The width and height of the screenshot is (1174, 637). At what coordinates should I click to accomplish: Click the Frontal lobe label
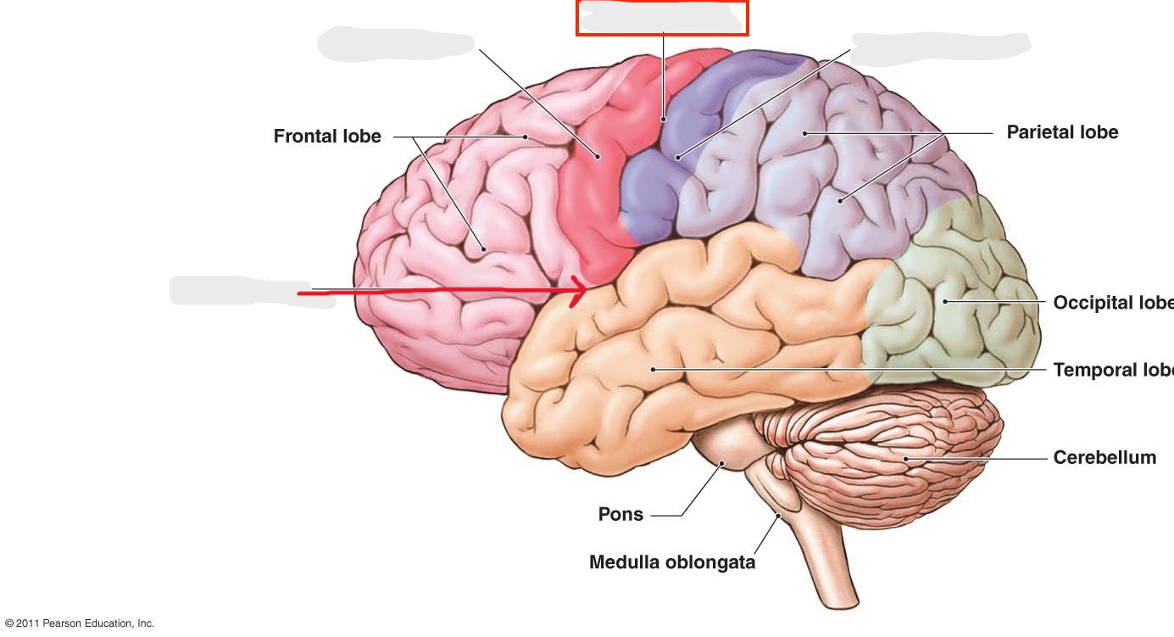tap(327, 137)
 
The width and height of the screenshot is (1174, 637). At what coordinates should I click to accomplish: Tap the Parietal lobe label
tap(1062, 132)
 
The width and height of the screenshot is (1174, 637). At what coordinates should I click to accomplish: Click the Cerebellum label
tap(1104, 458)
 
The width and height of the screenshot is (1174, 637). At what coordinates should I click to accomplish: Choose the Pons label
tap(620, 515)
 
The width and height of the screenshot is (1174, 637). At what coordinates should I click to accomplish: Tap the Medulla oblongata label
tap(672, 562)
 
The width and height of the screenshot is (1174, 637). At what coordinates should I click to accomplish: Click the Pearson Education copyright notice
tap(80, 623)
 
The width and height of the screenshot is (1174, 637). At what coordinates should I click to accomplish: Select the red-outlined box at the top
tap(662, 17)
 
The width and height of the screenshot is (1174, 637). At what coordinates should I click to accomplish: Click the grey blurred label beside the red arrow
tap(252, 291)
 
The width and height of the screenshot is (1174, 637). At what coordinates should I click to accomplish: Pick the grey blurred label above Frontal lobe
tap(395, 43)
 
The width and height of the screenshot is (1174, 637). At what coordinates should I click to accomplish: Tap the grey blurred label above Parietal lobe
tap(941, 47)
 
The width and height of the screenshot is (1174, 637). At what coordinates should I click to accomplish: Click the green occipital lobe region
tap(949, 297)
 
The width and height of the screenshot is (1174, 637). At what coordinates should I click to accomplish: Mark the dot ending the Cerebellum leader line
tap(905, 459)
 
